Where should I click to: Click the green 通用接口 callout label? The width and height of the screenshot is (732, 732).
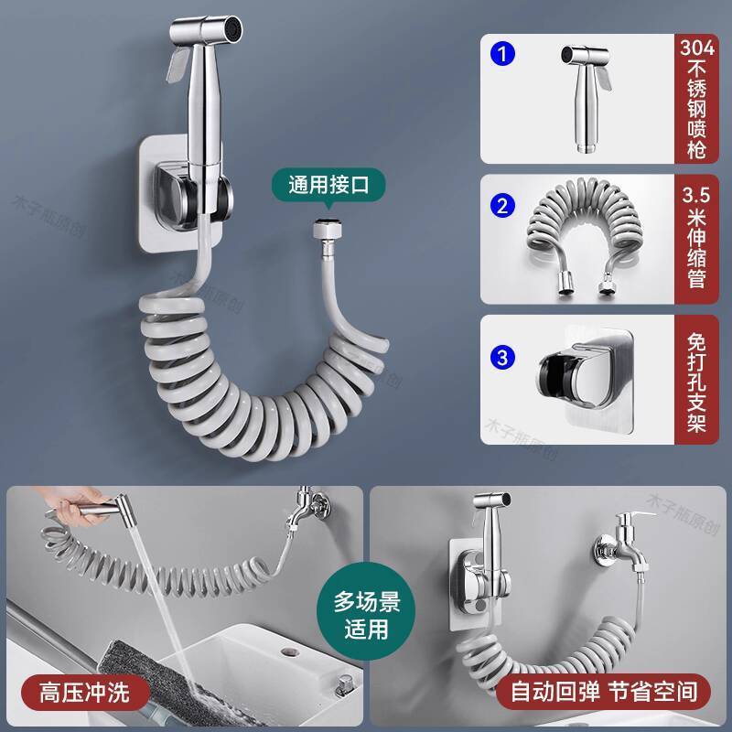click(x=328, y=185)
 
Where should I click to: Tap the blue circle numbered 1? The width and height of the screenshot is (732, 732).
click(x=502, y=54)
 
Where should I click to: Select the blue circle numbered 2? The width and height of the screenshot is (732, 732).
click(x=502, y=206)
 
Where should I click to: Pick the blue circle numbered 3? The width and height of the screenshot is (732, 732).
click(x=502, y=358)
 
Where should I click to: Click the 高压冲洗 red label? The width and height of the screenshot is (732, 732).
click(x=85, y=693)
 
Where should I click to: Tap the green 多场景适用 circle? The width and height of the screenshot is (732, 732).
click(x=366, y=616)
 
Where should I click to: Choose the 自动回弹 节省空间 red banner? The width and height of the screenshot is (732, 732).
click(x=603, y=692)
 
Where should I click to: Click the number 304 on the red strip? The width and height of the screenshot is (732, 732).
click(x=696, y=48)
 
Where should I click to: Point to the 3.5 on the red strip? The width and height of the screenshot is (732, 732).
click(x=696, y=195)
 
